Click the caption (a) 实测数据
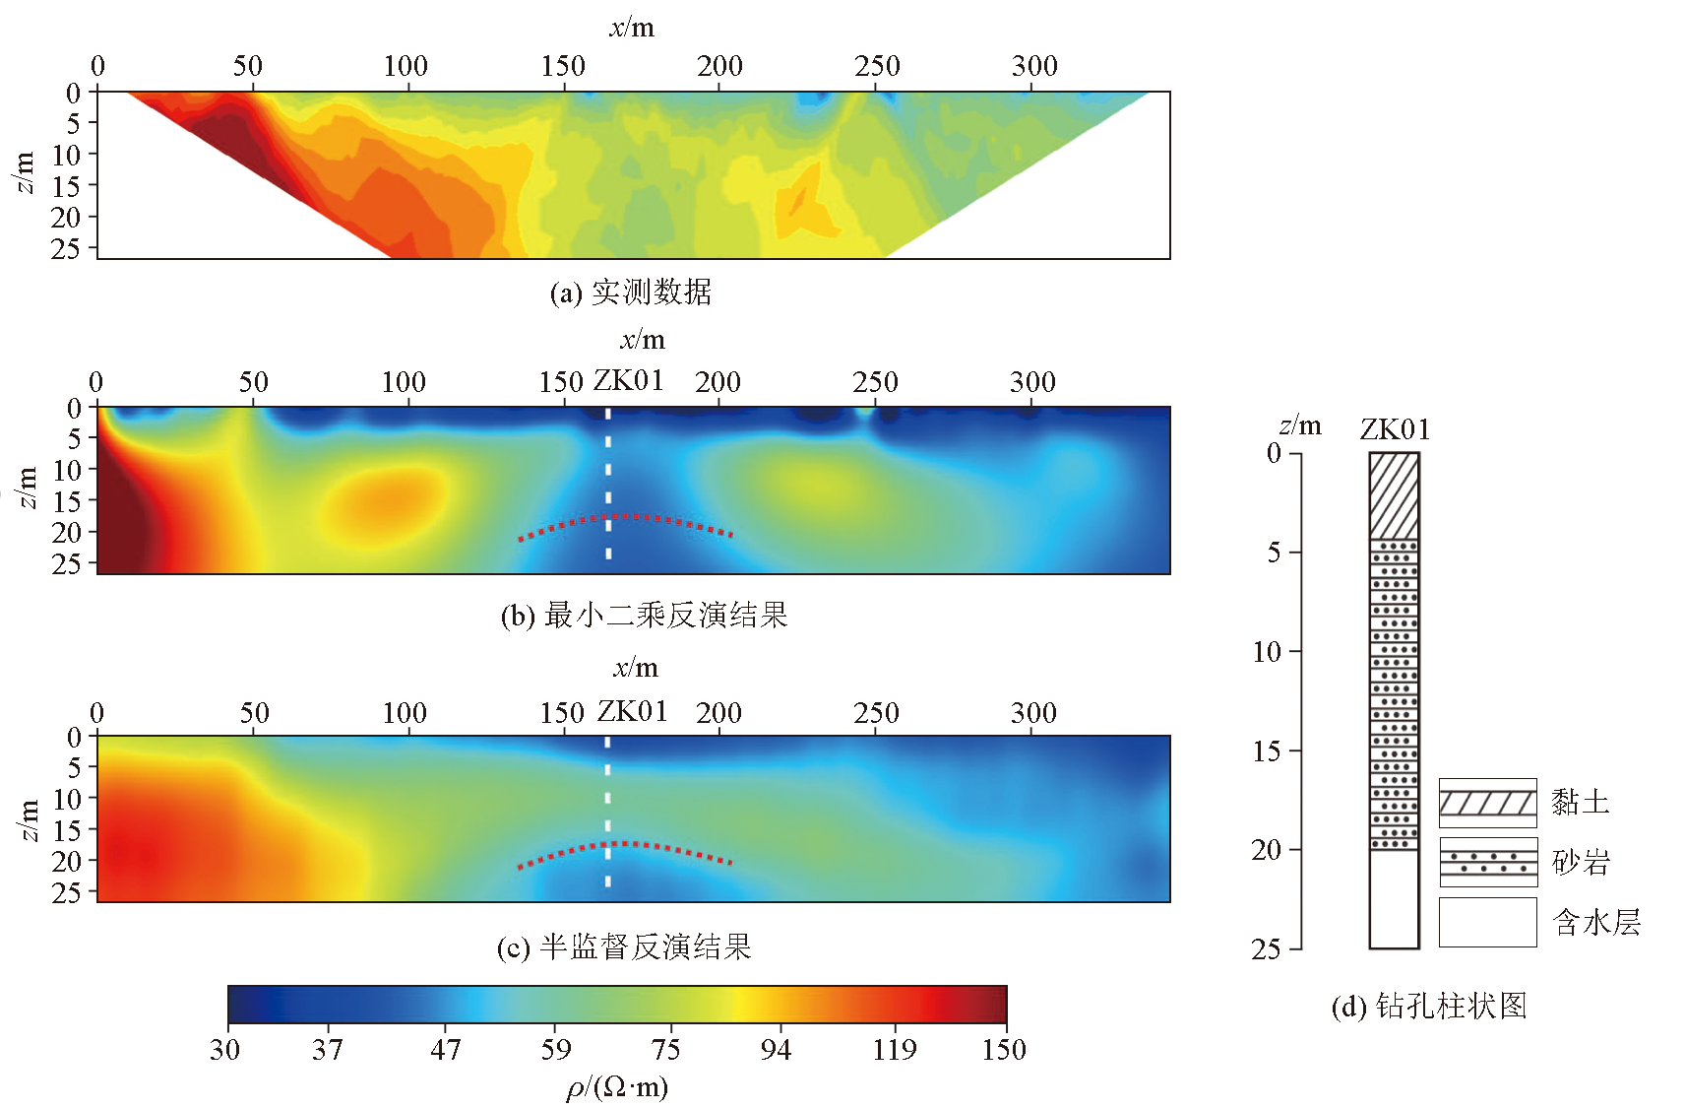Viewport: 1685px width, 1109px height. click(x=631, y=293)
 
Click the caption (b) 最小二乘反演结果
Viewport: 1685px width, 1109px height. click(x=644, y=616)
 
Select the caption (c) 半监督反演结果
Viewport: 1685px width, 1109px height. click(x=624, y=947)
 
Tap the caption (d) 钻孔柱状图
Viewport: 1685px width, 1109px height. click(x=1429, y=1006)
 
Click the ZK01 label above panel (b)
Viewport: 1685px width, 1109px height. click(x=628, y=381)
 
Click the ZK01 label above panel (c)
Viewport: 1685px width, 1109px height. click(x=632, y=711)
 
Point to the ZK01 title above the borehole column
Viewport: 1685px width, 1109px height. click(x=1395, y=429)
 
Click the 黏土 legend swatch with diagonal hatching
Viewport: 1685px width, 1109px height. click(x=1487, y=803)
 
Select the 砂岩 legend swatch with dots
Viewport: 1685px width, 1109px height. click(x=1487, y=863)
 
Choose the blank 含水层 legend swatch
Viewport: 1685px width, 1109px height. click(x=1487, y=922)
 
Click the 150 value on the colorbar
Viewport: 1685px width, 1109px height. click(x=1003, y=1050)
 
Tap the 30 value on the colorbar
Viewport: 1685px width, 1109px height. click(x=225, y=1050)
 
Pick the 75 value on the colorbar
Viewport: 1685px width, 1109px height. click(x=665, y=1050)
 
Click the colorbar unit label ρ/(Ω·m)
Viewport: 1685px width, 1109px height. click(x=617, y=1087)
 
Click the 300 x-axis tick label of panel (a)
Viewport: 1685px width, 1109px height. click(x=1034, y=66)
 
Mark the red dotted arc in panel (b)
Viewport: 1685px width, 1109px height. click(x=626, y=518)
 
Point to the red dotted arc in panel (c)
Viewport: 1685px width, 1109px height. click(x=626, y=846)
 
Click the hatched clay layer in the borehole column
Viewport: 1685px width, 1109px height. click(x=1394, y=495)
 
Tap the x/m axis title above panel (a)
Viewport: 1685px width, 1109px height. click(x=632, y=28)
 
